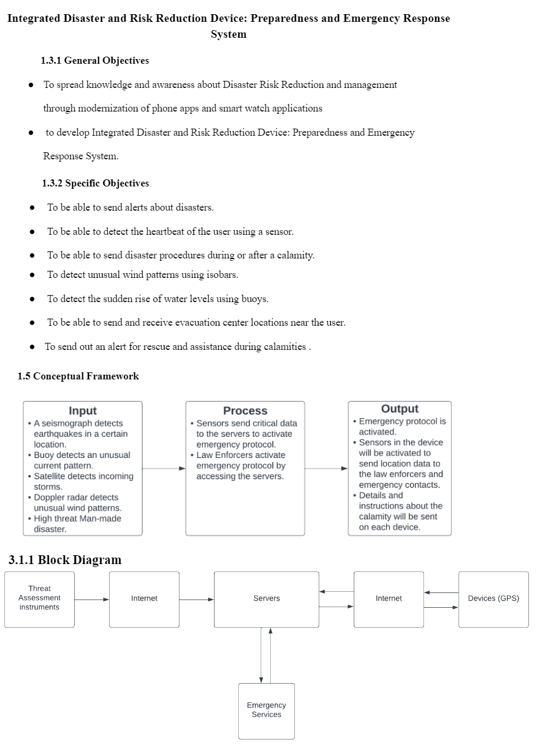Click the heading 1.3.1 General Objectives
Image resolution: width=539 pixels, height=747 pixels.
[94, 60]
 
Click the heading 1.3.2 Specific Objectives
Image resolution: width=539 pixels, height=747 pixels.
[95, 183]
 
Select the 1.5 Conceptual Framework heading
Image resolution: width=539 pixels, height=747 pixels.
[78, 376]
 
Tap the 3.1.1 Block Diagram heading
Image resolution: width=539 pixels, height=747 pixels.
[65, 560]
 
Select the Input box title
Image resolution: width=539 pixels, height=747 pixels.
[83, 411]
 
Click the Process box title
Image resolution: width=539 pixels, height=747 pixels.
[245, 411]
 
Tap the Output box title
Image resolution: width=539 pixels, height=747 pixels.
[400, 409]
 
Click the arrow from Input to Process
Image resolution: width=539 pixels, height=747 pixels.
[163, 468]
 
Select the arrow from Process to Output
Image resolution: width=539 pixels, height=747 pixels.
[326, 468]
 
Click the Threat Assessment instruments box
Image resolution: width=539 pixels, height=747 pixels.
[40, 598]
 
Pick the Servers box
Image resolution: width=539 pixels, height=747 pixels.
[267, 598]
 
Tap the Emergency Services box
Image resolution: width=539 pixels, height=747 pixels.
[267, 710]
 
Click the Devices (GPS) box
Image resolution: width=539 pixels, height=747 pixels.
[494, 598]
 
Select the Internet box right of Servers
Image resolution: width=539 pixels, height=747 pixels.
[389, 598]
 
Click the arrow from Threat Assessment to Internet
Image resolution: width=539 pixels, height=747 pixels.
[91, 599]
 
